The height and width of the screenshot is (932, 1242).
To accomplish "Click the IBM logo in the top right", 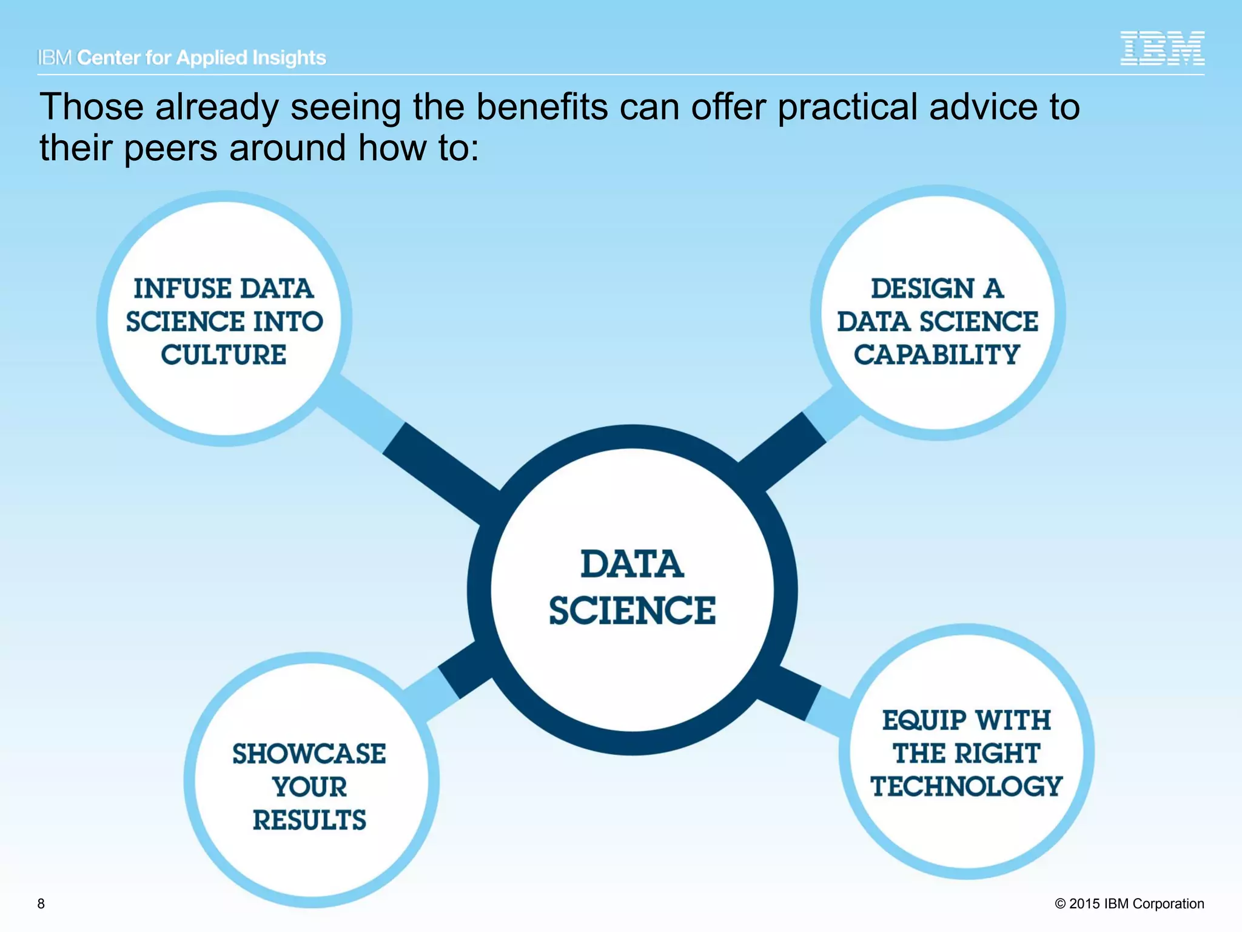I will click(1162, 48).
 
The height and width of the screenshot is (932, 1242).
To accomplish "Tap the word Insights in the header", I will click(289, 58).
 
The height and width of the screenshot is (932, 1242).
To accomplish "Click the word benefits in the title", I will click(542, 107).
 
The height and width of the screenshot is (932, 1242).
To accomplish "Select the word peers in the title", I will click(170, 148).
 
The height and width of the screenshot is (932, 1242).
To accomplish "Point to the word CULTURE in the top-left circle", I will click(224, 354).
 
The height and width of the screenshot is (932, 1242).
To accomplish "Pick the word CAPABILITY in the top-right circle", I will click(937, 354).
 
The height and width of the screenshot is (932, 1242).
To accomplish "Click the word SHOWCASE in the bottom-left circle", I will click(309, 754).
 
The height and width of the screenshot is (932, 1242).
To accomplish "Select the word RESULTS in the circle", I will click(309, 820).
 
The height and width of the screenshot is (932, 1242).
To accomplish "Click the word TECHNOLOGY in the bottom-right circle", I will click(967, 786).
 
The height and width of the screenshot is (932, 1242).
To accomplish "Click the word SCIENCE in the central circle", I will click(633, 610).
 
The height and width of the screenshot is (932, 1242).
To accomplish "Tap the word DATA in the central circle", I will click(633, 564).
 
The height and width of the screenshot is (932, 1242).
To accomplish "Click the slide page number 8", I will click(41, 903).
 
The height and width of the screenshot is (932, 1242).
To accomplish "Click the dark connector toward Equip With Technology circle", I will click(788, 692).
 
